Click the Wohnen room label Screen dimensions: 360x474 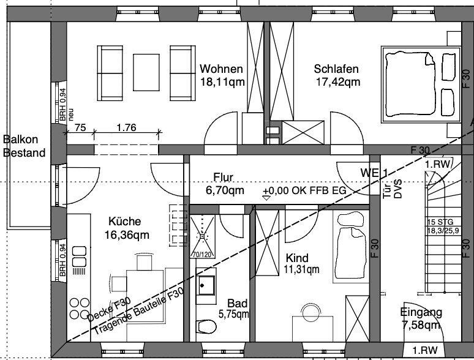(221, 69)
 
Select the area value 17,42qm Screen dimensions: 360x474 (336, 81)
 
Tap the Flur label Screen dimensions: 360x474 (224, 178)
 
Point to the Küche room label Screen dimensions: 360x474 (125, 222)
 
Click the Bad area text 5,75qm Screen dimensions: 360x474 (233, 315)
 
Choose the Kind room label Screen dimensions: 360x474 (296, 258)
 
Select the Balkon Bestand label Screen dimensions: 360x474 (24, 146)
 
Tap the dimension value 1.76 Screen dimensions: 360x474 (125, 128)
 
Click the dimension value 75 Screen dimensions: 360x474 (80, 128)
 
